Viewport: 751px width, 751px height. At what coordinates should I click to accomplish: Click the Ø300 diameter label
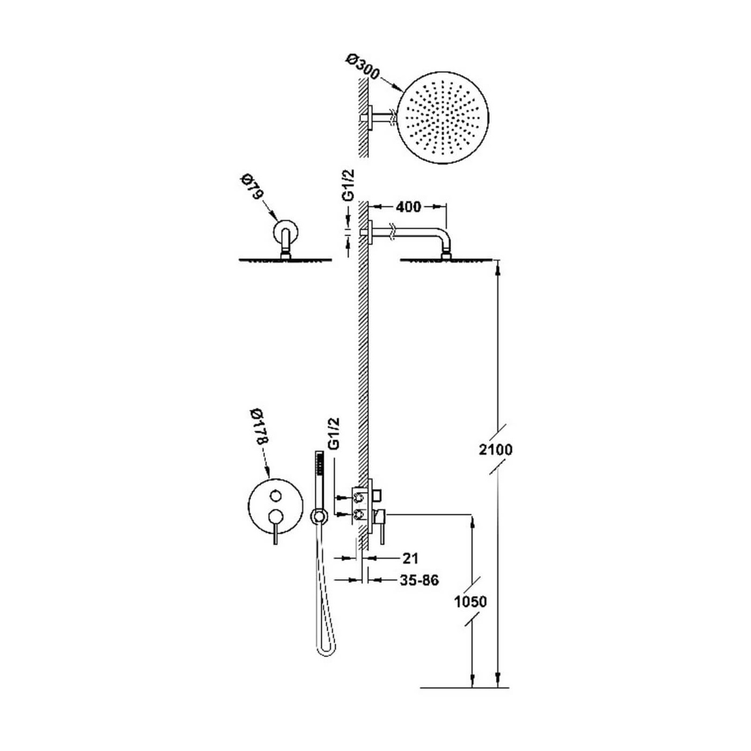coord(363,67)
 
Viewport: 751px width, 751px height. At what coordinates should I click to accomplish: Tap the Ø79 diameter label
coord(253,188)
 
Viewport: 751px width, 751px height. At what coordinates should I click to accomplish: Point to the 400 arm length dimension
coord(408,207)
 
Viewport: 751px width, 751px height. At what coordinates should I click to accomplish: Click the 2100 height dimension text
coord(496,450)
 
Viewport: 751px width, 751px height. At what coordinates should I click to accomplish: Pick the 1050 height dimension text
coord(471,602)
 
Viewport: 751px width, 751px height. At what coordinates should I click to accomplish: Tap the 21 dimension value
coord(410,558)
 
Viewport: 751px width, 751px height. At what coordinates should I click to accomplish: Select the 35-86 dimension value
coord(419,591)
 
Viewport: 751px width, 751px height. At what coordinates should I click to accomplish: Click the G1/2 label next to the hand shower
coord(334,434)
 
